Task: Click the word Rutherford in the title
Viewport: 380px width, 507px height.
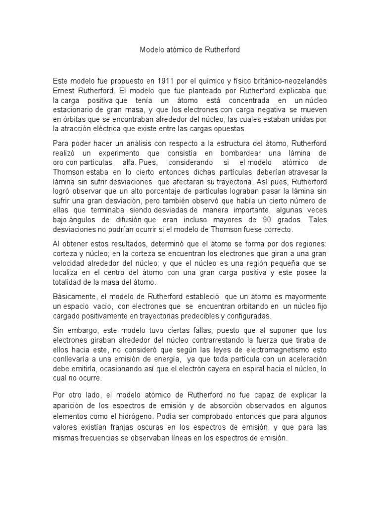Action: pos(221,51)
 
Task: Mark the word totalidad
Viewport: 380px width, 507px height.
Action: pos(71,282)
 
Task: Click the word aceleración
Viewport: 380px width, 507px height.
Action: pos(299,359)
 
